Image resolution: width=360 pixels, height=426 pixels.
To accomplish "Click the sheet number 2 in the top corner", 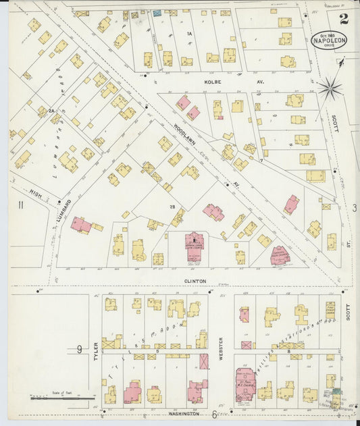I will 344,18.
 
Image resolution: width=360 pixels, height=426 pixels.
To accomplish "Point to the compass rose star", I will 330,86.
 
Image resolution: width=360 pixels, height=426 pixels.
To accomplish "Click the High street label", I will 35,194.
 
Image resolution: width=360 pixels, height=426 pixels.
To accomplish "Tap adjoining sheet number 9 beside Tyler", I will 79,349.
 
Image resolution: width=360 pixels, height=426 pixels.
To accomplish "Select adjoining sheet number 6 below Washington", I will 214,415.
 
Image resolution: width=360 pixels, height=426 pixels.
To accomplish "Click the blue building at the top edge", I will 157,13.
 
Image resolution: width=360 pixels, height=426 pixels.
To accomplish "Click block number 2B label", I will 154,206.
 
